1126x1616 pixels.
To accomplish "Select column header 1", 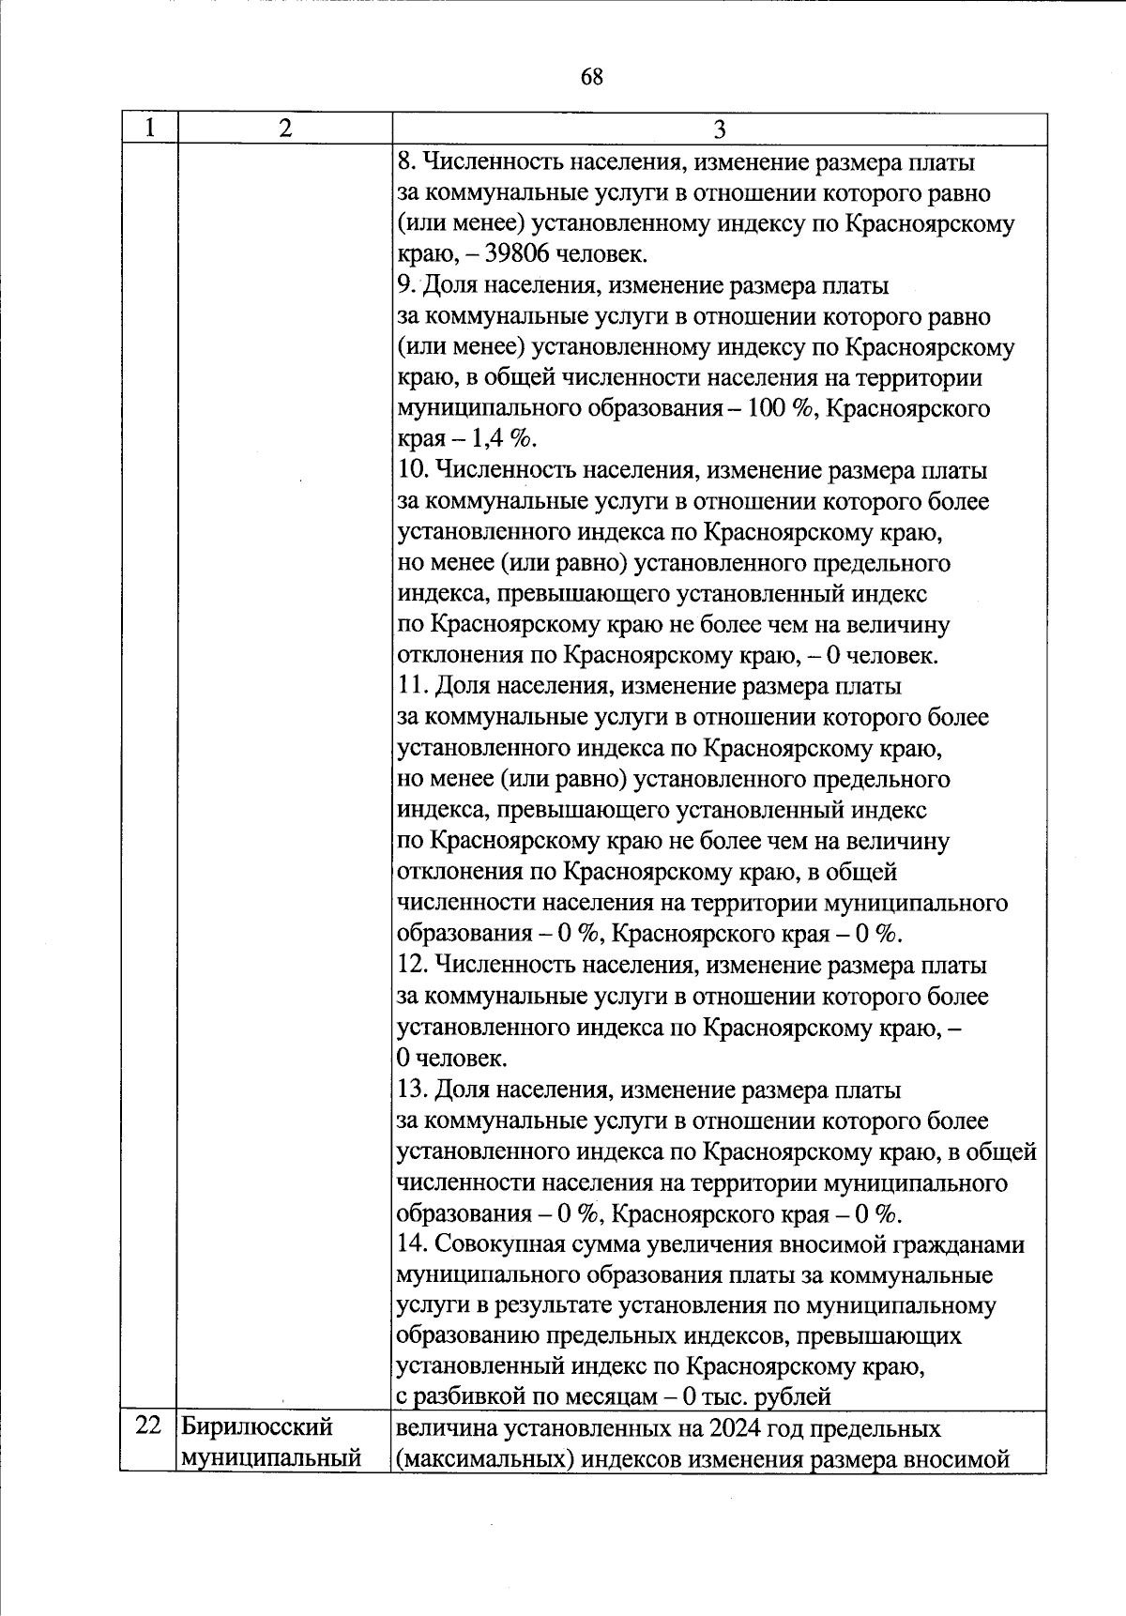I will point(149,129).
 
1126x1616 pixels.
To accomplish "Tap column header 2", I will point(284,129).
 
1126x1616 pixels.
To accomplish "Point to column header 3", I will point(719,130).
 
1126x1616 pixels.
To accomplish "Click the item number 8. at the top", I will point(405,162).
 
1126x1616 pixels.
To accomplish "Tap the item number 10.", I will point(412,471).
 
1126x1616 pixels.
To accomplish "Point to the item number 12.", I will point(412,966).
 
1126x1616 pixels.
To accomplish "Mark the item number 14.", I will point(412,1244).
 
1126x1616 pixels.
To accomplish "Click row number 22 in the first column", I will point(148,1426).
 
